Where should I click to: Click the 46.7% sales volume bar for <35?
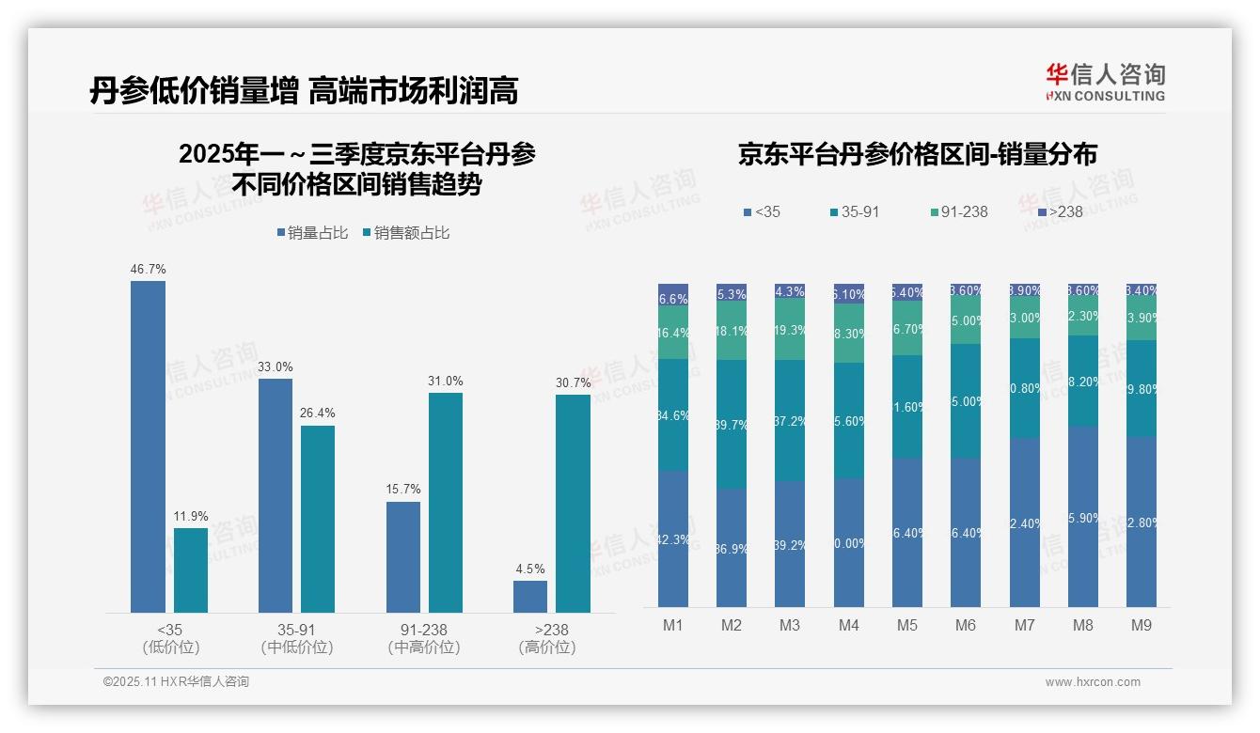(x=148, y=446)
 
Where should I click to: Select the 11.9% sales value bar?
(x=190, y=570)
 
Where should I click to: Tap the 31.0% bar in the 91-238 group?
(x=446, y=503)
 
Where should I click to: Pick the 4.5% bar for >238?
(x=530, y=597)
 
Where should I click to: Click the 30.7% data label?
(x=574, y=382)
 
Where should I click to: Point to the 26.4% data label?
(x=318, y=413)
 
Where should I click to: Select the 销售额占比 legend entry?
(x=405, y=233)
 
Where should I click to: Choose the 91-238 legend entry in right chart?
(x=958, y=211)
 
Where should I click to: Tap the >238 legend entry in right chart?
(x=1060, y=211)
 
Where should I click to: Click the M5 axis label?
(x=906, y=625)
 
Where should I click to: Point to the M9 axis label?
(x=1141, y=625)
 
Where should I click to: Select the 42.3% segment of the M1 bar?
(x=673, y=538)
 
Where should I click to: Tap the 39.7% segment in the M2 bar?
(x=731, y=424)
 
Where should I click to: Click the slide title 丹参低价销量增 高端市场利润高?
(x=304, y=91)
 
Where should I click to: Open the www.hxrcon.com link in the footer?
(x=1093, y=682)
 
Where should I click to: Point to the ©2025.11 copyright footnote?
(x=176, y=682)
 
